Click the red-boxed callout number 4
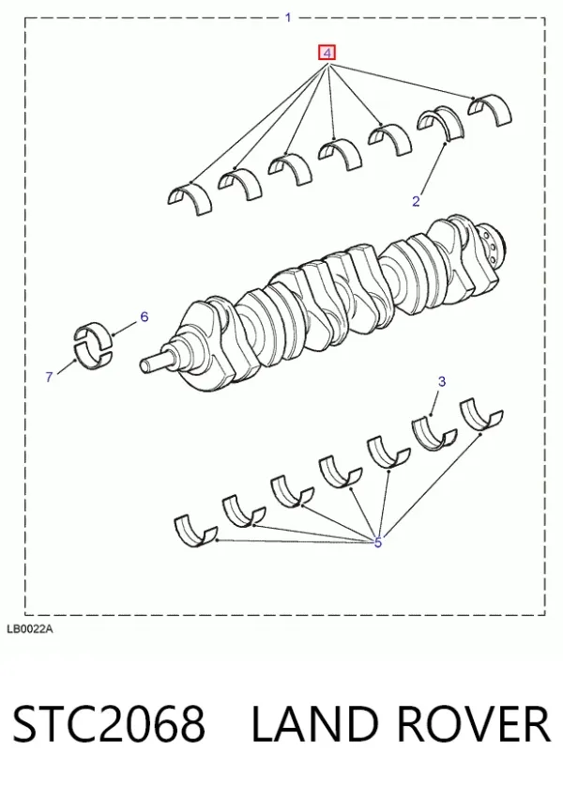point(327,53)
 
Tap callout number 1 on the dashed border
point(288,18)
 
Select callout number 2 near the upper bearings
point(416,201)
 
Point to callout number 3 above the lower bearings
point(442,381)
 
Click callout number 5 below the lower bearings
point(378,542)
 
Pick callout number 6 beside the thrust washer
point(145,316)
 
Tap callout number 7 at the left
point(49,377)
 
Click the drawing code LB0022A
point(29,629)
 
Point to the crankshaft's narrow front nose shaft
point(157,361)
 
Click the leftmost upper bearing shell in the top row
point(190,196)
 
